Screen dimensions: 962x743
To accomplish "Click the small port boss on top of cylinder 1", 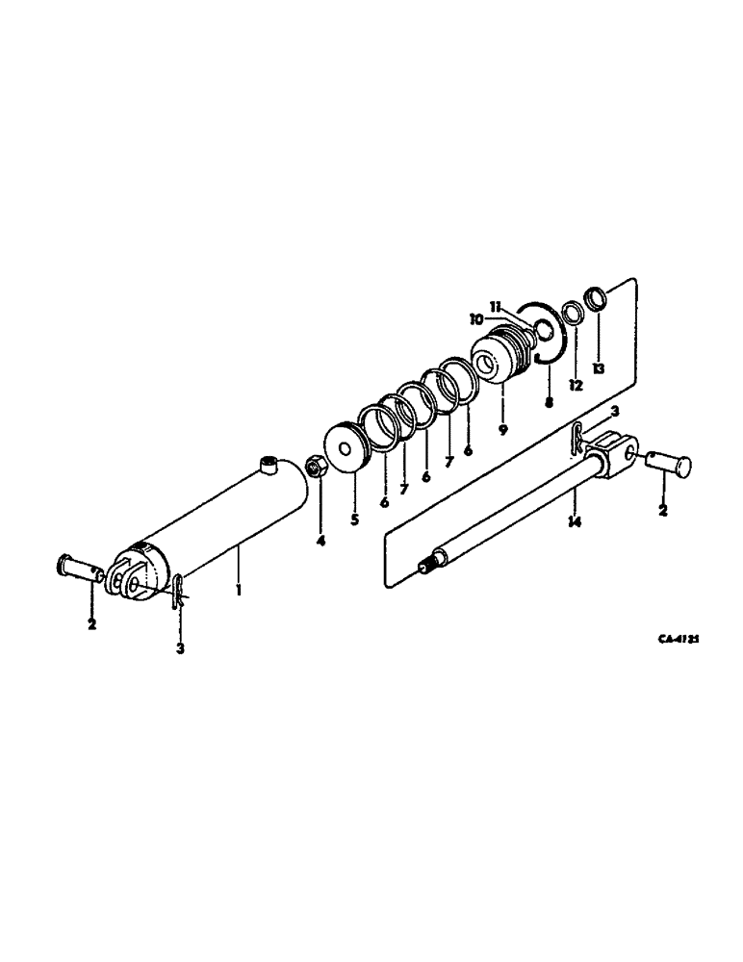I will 269,467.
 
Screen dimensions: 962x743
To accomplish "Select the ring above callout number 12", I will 573,313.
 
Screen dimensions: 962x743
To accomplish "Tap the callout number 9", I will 502,429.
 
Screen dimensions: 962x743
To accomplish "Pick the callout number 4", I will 320,542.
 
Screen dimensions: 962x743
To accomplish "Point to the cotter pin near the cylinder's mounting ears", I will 180,590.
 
